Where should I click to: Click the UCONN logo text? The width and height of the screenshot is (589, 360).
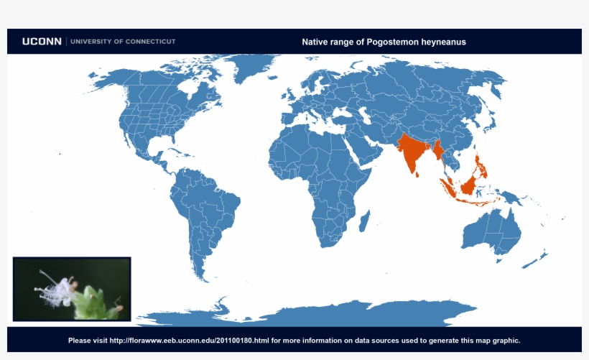coord(42,42)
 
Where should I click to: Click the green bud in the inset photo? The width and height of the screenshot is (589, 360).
coord(89,302)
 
